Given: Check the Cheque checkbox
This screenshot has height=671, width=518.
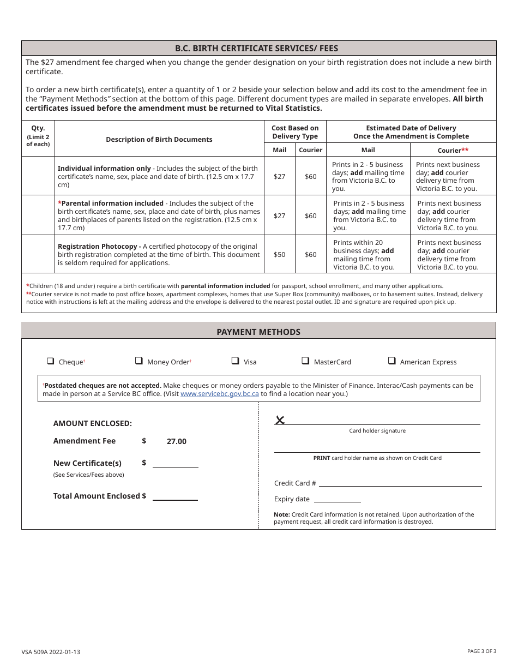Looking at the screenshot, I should [x=51, y=361].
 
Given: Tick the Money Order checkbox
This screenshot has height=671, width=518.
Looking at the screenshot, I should [x=138, y=361].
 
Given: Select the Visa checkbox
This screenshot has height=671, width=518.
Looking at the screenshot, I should [x=235, y=361].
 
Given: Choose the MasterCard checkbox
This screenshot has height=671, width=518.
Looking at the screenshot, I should [x=305, y=361].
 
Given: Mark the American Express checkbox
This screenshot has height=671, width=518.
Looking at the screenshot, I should [x=391, y=361].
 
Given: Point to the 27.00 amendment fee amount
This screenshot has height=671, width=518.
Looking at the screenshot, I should [x=176, y=441].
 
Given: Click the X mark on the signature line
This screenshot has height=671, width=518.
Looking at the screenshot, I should [x=280, y=420].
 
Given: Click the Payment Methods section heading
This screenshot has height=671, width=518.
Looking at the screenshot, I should [x=258, y=332].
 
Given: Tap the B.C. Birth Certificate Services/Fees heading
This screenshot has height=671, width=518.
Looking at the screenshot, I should [x=258, y=49].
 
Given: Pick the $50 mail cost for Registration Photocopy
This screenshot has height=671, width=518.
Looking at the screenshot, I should [x=279, y=255].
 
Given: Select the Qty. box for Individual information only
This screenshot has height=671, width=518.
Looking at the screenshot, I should [x=38, y=176].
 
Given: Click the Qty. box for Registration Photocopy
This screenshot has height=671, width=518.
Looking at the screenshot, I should [x=38, y=254].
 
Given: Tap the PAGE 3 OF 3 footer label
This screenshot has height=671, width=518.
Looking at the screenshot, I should [x=481, y=651].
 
